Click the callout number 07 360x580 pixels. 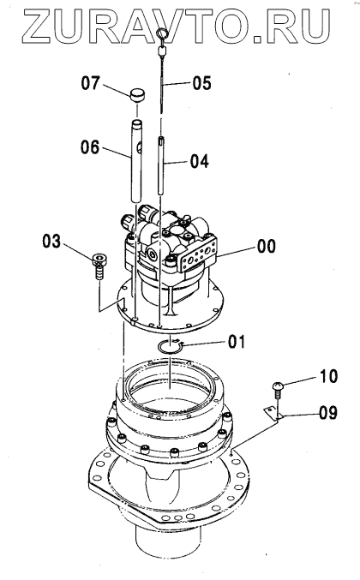pyautogui.click(x=91, y=83)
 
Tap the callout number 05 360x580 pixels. pyautogui.click(x=201, y=83)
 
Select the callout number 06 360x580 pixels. pyautogui.click(x=90, y=147)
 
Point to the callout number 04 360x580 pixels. pyautogui.click(x=200, y=161)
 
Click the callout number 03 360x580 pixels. pyautogui.click(x=51, y=242)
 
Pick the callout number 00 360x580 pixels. pyautogui.click(x=267, y=246)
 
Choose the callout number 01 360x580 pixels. pyautogui.click(x=237, y=342)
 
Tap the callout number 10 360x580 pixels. pyautogui.click(x=328, y=377)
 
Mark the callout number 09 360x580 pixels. pyautogui.click(x=328, y=412)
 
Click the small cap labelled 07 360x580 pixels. pyautogui.click(x=137, y=95)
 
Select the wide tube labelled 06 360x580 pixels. pyautogui.click(x=136, y=160)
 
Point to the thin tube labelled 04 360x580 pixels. pyautogui.click(x=161, y=165)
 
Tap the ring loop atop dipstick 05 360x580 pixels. pyautogui.click(x=161, y=34)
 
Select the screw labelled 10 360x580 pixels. pyautogui.click(x=278, y=391)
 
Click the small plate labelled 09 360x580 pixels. pyautogui.click(x=273, y=414)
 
